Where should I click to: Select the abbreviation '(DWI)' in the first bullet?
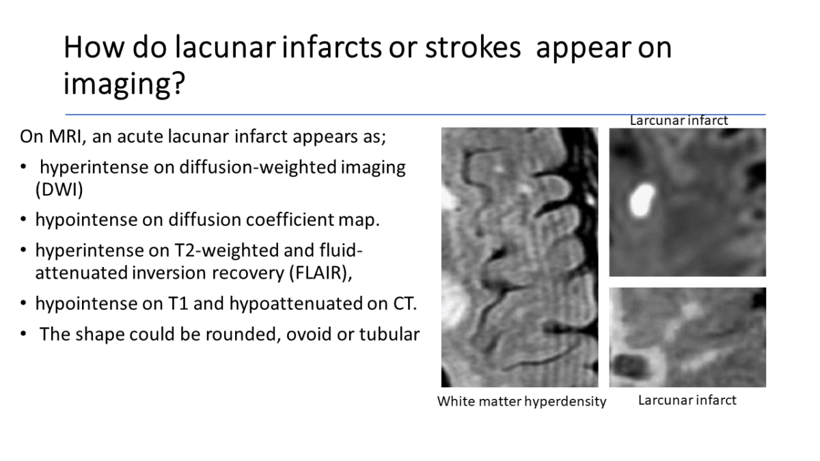coord(59,191)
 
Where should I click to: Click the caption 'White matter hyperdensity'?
coord(521,402)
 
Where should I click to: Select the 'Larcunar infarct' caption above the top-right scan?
coord(679,121)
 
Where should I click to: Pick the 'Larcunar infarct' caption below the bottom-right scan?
coord(687,400)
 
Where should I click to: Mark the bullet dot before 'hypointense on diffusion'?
coord(24,220)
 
